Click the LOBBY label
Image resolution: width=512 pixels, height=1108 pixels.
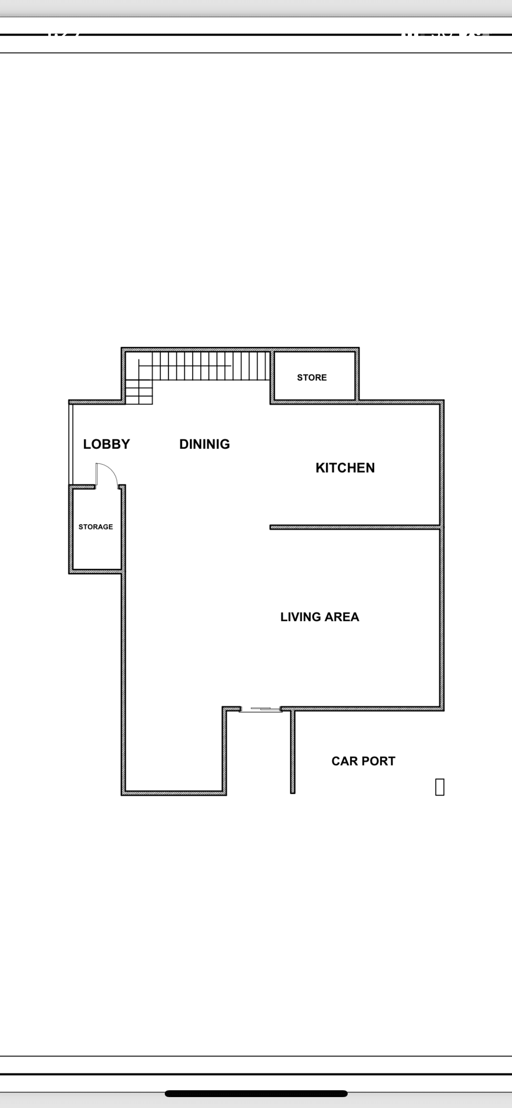coord(106,444)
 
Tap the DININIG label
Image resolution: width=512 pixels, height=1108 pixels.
coord(204,444)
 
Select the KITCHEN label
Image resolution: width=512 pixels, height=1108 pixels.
coord(345,468)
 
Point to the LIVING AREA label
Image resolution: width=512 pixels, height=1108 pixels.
coord(319,617)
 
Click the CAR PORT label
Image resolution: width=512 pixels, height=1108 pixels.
coord(363,761)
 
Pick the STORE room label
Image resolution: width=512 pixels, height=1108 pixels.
coord(312,378)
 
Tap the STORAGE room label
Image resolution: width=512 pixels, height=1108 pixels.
coord(96,527)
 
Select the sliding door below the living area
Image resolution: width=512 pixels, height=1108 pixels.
coord(260,709)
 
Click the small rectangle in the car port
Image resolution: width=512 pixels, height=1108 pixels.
coord(440,787)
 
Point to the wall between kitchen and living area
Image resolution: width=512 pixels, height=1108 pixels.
coord(355,527)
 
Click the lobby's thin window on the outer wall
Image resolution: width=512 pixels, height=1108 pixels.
coord(71,444)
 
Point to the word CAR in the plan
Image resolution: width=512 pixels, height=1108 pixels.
coord(345,761)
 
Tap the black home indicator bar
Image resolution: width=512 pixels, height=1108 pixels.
coord(256,1093)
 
